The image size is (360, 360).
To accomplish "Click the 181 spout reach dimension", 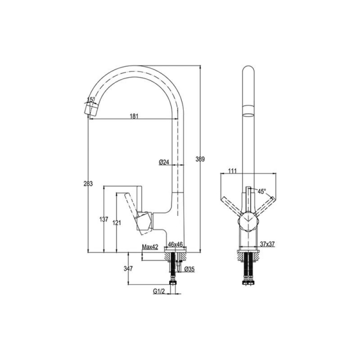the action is coord(134,116).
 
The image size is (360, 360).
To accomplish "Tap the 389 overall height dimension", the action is coord(200,159).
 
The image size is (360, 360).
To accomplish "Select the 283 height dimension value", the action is coord(88,184).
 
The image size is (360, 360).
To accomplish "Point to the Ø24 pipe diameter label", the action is coord(164,162).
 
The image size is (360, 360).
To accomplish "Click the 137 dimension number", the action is coord(104,219).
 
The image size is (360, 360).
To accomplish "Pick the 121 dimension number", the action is coord(117,222).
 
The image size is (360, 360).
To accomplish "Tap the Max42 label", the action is coord(150,247).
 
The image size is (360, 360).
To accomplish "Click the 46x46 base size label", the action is coord(175,244).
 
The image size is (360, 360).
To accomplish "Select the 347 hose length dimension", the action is coord(128,268).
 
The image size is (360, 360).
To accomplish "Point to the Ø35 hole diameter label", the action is coord(189,269).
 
